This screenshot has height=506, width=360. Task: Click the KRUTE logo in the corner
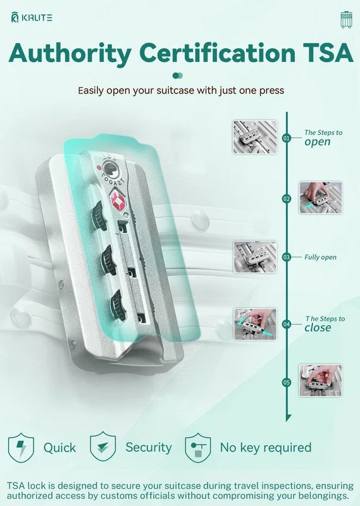[x=32, y=18]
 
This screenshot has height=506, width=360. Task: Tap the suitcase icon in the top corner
[x=346, y=20]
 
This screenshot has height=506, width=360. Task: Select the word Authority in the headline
[x=70, y=54]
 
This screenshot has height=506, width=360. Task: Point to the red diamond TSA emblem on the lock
[x=118, y=201]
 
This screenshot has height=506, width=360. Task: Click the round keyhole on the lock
[x=110, y=170]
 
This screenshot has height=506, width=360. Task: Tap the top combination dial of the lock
[x=99, y=216]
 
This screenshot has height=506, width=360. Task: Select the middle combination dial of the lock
[x=109, y=260]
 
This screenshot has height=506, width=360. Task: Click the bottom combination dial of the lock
[x=118, y=305]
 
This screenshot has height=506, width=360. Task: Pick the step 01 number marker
[x=287, y=138]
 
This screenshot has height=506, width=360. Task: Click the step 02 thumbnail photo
[x=321, y=197]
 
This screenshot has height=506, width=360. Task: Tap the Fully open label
[x=320, y=257]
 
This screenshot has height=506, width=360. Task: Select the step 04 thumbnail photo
[x=255, y=324]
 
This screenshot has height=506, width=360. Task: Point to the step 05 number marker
[x=287, y=383]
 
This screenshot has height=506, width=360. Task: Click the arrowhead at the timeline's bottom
[x=289, y=417]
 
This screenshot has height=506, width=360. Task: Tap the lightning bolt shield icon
[x=21, y=448]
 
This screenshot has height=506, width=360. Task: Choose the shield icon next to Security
[x=102, y=447]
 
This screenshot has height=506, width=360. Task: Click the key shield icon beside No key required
[x=198, y=448]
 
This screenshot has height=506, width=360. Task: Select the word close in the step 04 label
[x=318, y=328]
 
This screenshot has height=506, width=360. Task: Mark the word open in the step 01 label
[x=318, y=142]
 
